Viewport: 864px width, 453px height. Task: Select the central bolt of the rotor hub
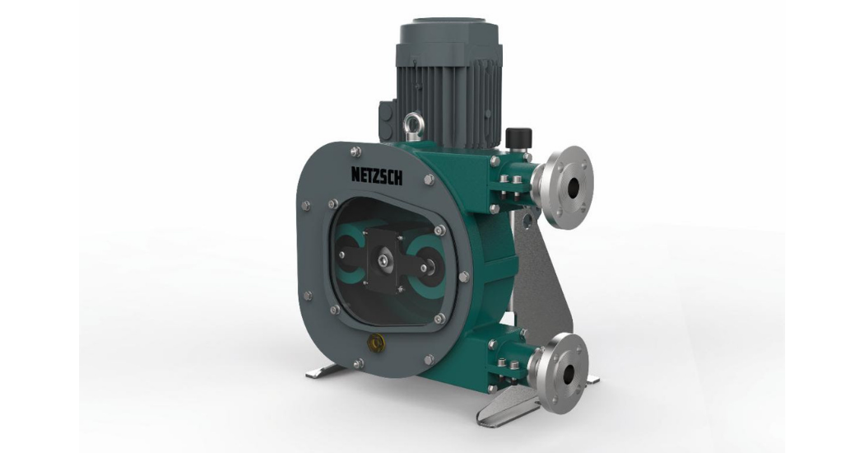tap(384, 261)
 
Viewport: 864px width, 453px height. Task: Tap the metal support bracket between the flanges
tap(547, 272)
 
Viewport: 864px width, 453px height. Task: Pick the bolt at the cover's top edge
tap(355, 150)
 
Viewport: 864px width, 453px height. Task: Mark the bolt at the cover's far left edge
tap(305, 206)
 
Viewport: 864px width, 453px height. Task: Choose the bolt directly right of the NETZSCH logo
tap(429, 179)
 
